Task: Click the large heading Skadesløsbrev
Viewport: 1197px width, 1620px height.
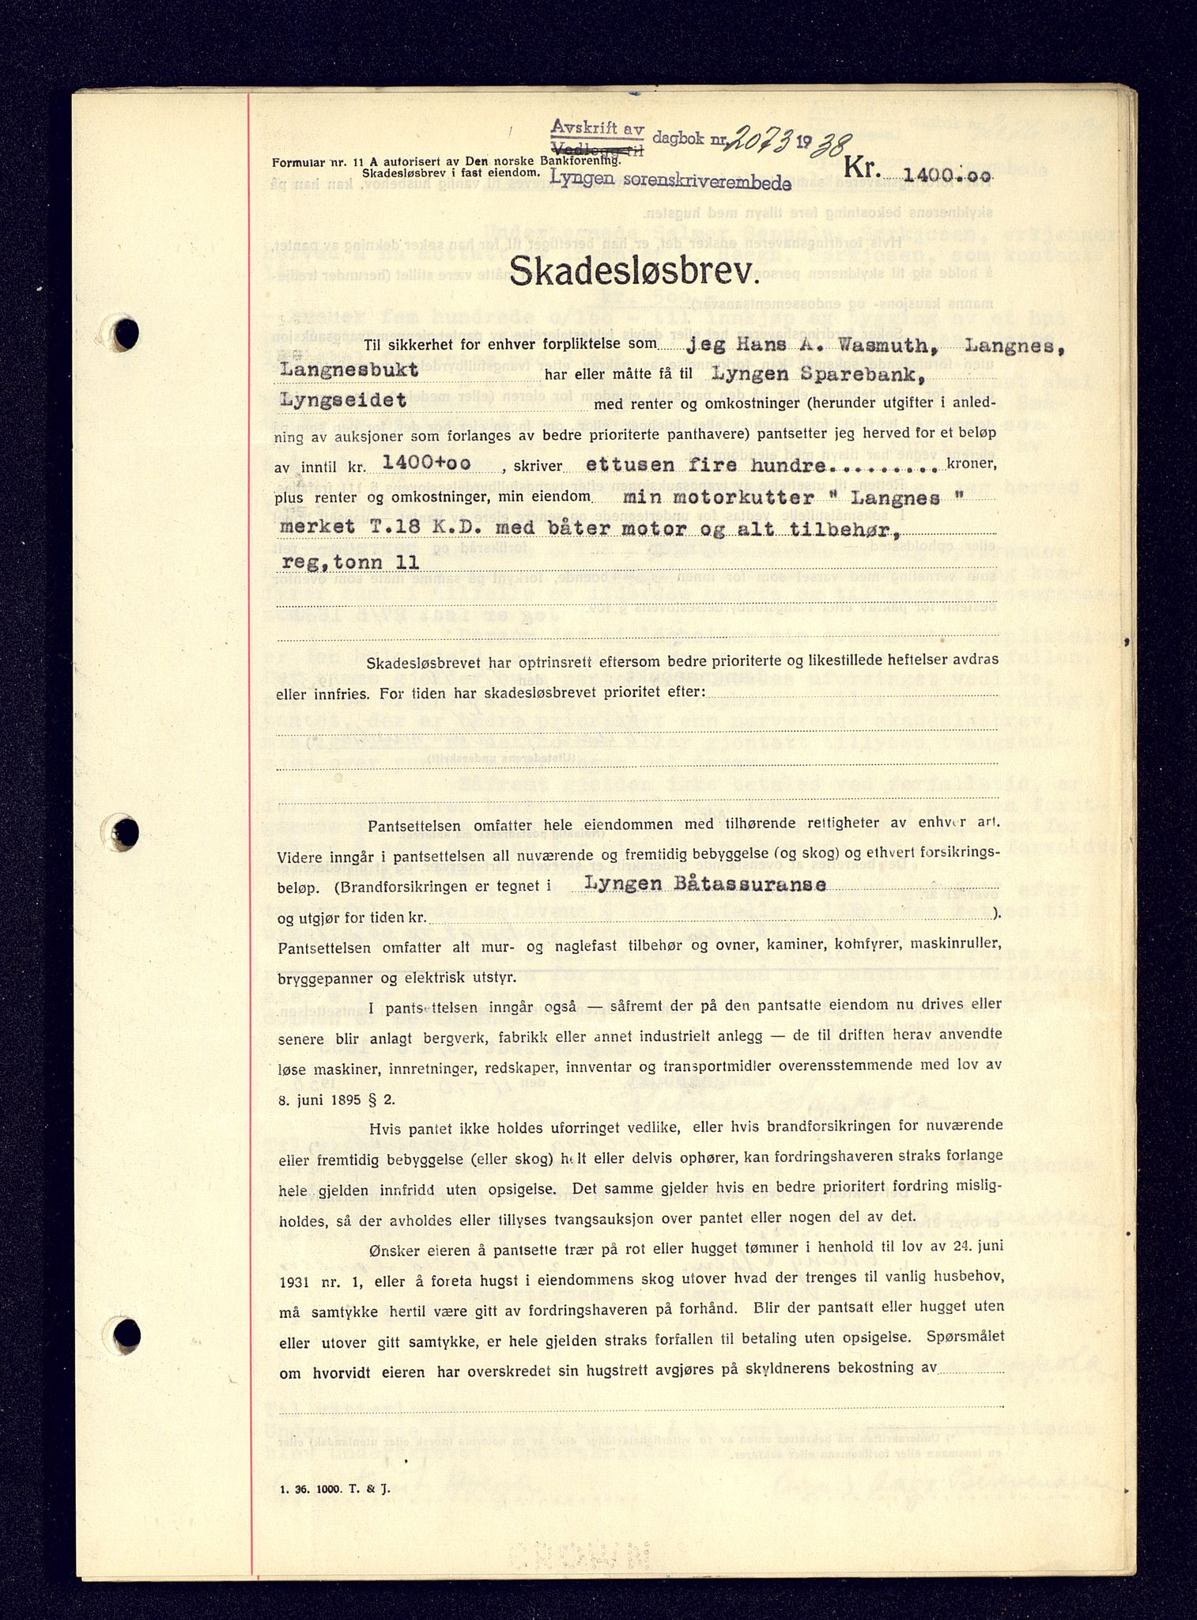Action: coord(630,273)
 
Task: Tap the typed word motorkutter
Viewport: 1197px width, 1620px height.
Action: coord(742,498)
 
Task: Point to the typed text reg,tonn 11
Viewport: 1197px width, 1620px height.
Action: coord(349,562)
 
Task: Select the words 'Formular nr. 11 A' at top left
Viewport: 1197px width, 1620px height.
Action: coord(323,162)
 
